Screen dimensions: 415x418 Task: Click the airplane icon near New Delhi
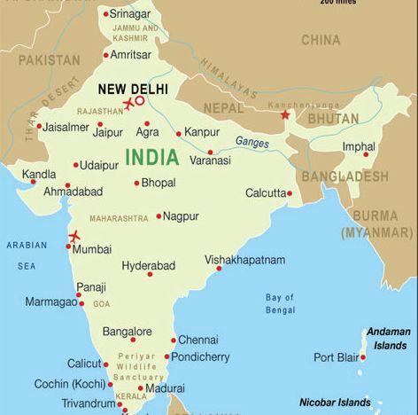(x=129, y=105)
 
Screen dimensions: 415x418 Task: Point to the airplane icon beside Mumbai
(x=73, y=236)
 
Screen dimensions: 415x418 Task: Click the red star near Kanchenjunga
(x=285, y=115)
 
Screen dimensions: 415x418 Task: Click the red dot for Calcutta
(x=290, y=192)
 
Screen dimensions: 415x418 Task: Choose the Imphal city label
(x=358, y=146)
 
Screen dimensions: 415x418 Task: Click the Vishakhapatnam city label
(x=245, y=260)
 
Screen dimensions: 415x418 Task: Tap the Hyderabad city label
(x=148, y=265)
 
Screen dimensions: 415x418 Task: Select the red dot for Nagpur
(x=159, y=215)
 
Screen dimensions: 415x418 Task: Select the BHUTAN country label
(x=333, y=118)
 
